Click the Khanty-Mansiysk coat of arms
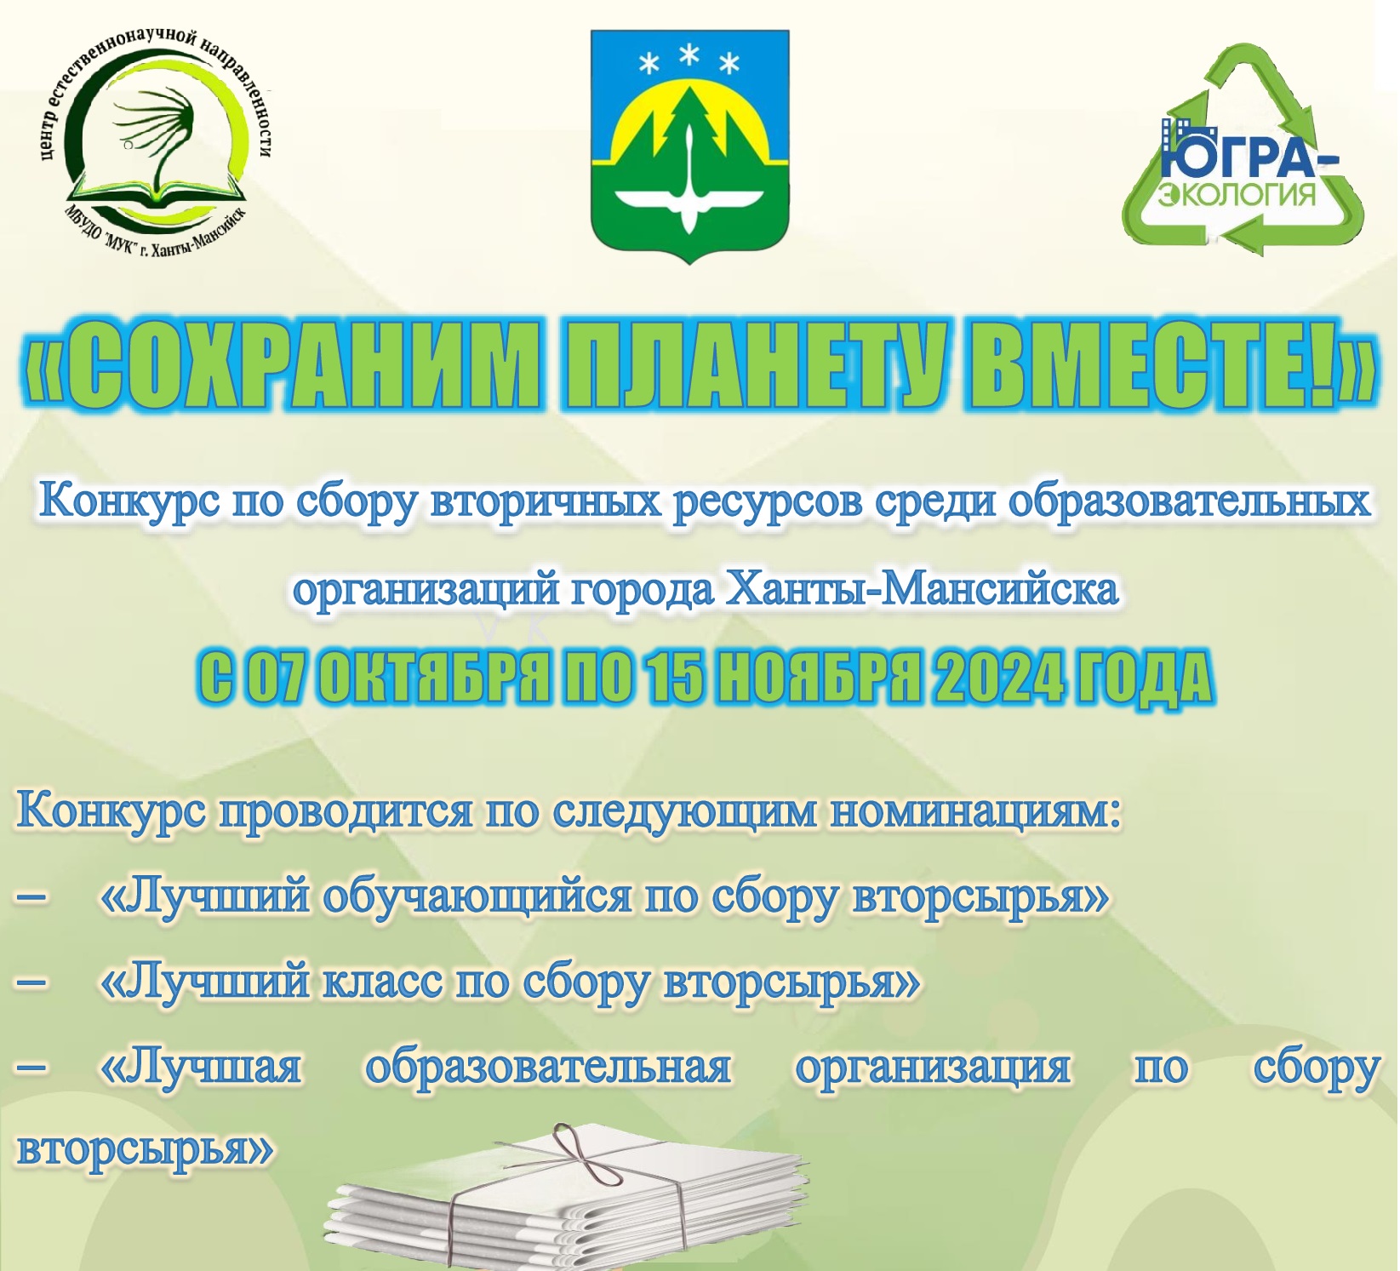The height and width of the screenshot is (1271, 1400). click(x=689, y=146)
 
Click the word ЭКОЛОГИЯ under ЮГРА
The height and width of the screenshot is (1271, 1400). click(x=1237, y=195)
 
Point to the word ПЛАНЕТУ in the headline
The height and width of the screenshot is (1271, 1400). click(x=752, y=364)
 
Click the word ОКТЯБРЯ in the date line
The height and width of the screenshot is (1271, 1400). click(x=433, y=678)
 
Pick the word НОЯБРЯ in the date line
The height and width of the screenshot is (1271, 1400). click(x=819, y=678)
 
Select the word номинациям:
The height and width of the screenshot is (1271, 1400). click(x=975, y=810)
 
